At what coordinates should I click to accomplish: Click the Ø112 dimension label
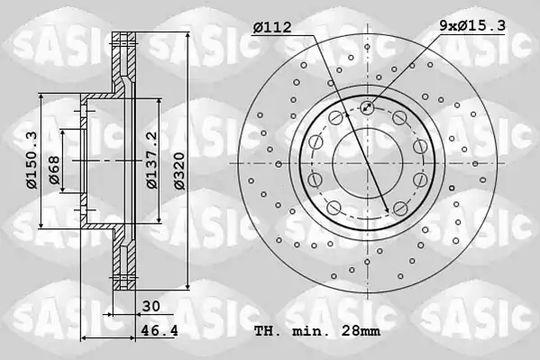pyautogui.click(x=272, y=27)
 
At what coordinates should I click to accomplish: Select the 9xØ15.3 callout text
pyautogui.click(x=472, y=25)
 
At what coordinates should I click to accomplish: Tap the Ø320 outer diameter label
pyautogui.click(x=179, y=171)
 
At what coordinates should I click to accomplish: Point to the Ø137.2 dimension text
pyautogui.click(x=151, y=160)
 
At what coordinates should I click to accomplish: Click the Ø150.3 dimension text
pyautogui.click(x=32, y=161)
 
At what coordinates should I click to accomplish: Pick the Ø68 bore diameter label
pyautogui.click(x=54, y=170)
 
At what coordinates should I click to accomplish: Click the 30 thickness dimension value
pyautogui.click(x=151, y=306)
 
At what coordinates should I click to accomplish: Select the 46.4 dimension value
pyautogui.click(x=160, y=331)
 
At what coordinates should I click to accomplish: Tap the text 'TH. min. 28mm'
pyautogui.click(x=317, y=331)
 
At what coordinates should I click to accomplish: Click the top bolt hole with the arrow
pyautogui.click(x=367, y=107)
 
